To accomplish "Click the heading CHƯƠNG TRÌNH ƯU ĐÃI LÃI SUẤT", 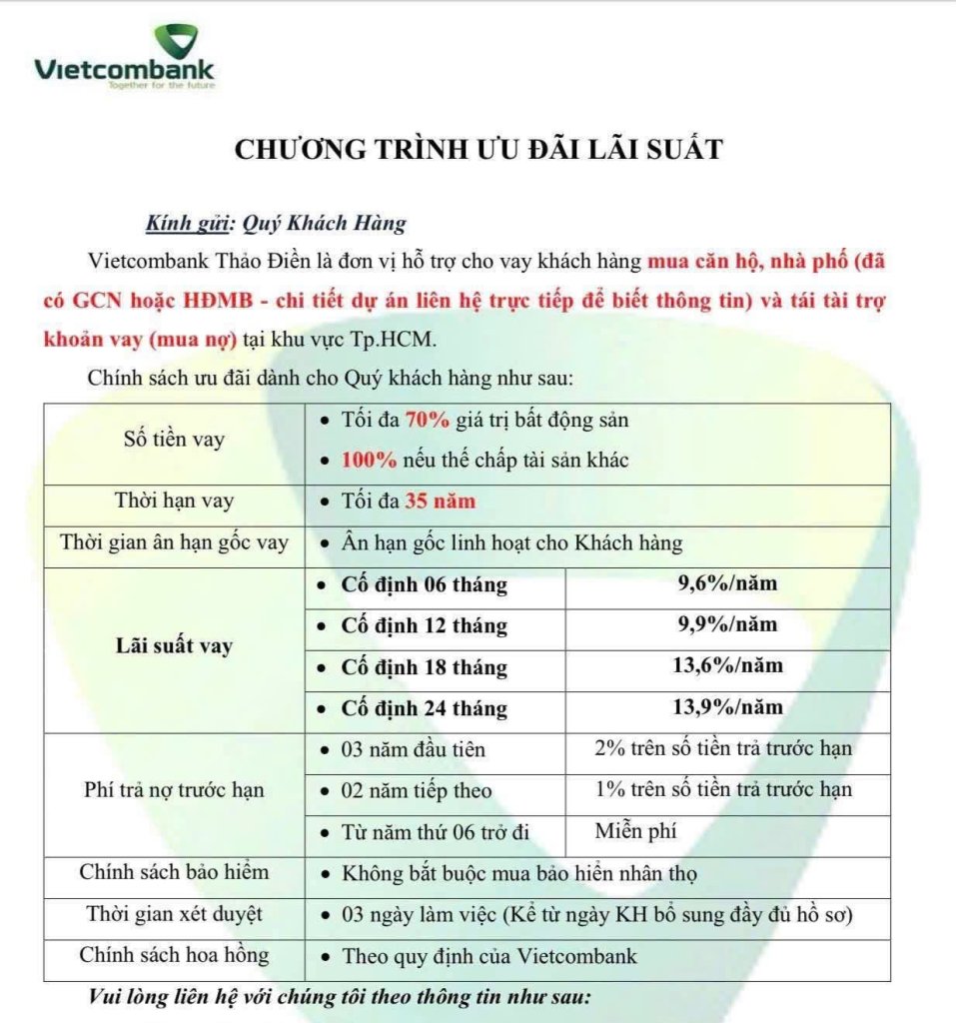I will tap(478, 149).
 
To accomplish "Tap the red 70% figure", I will tap(428, 421).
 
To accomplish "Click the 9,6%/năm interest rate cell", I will tap(727, 583).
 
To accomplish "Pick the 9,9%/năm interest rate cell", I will tap(727, 624).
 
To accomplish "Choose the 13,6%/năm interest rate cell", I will tap(727, 665).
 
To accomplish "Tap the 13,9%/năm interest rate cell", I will tap(727, 706).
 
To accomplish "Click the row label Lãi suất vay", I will tap(174, 645).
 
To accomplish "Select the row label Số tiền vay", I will tap(174, 439).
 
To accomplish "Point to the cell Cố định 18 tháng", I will tap(424, 667).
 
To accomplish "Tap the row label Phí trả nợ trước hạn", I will tap(174, 789).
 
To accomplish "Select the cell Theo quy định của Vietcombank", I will tap(489, 955).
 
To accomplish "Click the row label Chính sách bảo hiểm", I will tap(174, 872).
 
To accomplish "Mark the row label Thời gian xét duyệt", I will tap(174, 913).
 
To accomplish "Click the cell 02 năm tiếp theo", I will tap(417, 790).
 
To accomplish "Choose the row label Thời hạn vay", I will tap(174, 502).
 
